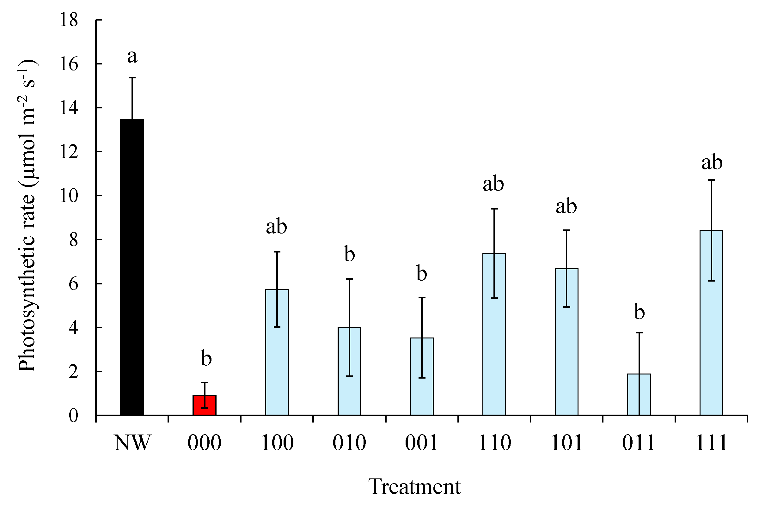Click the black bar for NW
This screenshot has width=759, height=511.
coord(132,267)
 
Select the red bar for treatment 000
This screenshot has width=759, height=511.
coord(205,405)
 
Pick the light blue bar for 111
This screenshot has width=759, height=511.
coord(711,323)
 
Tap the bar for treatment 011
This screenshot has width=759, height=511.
coord(639,394)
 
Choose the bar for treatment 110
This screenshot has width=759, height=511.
coord(494,334)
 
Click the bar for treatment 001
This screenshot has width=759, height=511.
coord(422,376)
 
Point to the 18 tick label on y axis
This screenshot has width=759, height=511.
coord(69,20)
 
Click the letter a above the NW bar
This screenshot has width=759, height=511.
coord(132,56)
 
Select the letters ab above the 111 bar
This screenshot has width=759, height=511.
coord(712,162)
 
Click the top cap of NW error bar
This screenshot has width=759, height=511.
coord(132,78)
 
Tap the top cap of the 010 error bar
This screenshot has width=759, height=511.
coord(350,279)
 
